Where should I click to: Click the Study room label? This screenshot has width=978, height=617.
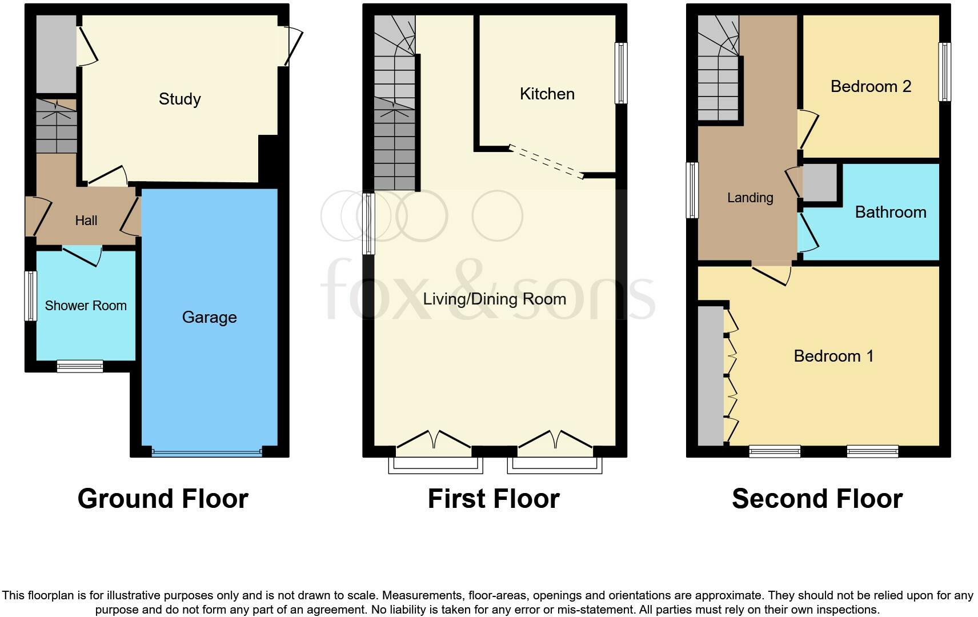pyautogui.click(x=179, y=99)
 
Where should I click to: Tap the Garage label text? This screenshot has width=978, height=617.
pyautogui.click(x=209, y=317)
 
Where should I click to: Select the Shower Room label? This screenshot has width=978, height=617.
pyautogui.click(x=86, y=306)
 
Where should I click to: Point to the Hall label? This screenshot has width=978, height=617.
pyautogui.click(x=86, y=221)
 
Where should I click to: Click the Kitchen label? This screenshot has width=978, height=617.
pyautogui.click(x=547, y=94)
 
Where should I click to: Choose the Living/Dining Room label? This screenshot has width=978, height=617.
pyautogui.click(x=494, y=299)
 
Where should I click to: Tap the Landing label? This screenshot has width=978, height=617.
pyautogui.click(x=749, y=198)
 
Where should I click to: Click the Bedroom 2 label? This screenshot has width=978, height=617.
pyautogui.click(x=870, y=86)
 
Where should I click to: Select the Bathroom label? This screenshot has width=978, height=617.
pyautogui.click(x=890, y=212)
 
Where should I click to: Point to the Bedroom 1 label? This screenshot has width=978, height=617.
pyautogui.click(x=833, y=356)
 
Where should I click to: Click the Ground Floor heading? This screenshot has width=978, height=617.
pyautogui.click(x=163, y=498)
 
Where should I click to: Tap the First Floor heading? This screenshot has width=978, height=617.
pyautogui.click(x=493, y=498)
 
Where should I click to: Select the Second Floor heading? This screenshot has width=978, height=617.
pyautogui.click(x=817, y=498)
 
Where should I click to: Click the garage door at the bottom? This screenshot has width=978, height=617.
pyautogui.click(x=207, y=453)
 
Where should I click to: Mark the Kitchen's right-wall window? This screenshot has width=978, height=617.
pyautogui.click(x=621, y=73)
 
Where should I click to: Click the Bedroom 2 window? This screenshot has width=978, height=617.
pyautogui.click(x=945, y=72)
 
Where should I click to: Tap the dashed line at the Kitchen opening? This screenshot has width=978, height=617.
pyautogui.click(x=546, y=162)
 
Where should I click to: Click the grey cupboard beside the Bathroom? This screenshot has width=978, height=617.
pyautogui.click(x=820, y=183)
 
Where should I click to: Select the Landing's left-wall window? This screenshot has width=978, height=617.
pyautogui.click(x=692, y=190)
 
